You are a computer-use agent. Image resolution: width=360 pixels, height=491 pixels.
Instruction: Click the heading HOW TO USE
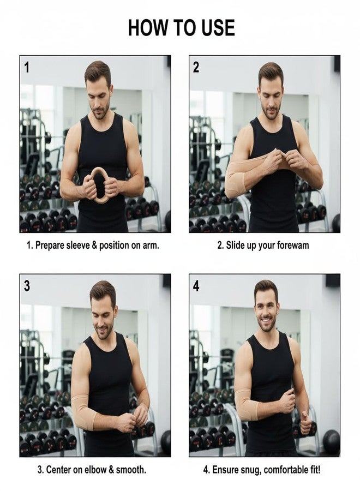pos(181,28)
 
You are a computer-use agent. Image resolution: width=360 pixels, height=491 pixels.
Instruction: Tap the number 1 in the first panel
pos(27,67)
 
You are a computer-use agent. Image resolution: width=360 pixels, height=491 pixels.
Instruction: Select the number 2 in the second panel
pos(196,67)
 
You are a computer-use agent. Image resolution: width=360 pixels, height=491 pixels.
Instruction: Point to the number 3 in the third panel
pos(27,286)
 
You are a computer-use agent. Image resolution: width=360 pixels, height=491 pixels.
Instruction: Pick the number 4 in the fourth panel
pos(196,286)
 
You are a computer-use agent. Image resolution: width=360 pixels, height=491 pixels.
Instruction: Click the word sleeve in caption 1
pos(78,245)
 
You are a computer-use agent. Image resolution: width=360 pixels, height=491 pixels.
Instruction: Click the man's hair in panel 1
pos(98,72)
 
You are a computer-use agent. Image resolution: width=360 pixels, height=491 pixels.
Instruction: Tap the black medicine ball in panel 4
pos(331,442)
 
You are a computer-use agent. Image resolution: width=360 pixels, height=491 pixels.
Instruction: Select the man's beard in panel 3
pos(104,331)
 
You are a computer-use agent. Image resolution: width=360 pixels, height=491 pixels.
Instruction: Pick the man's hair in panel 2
pos(271,73)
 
